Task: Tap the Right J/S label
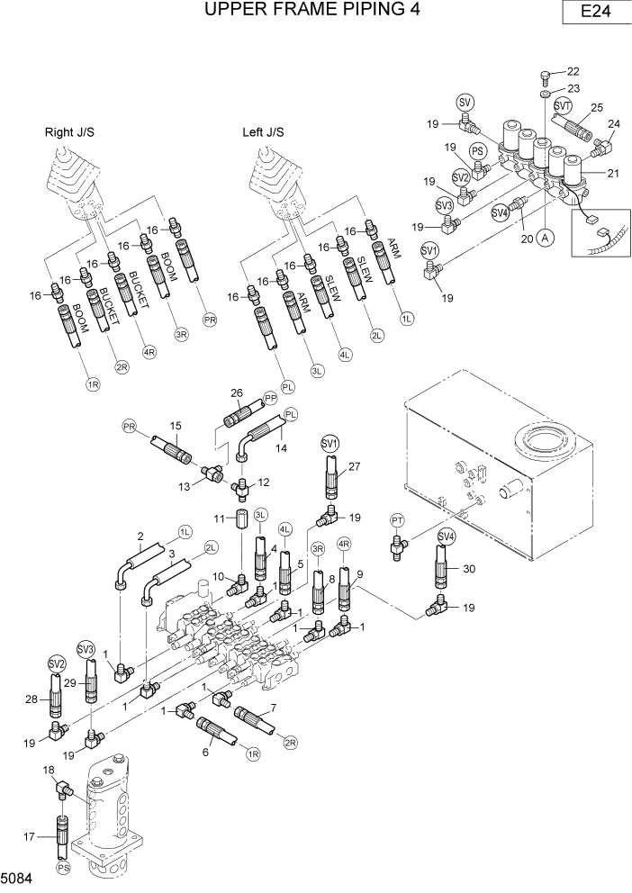69,132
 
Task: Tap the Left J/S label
266,132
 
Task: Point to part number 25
596,108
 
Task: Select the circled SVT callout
563,106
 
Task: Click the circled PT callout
397,520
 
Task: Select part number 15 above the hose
175,425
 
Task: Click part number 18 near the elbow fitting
48,771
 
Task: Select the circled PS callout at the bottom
63,869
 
